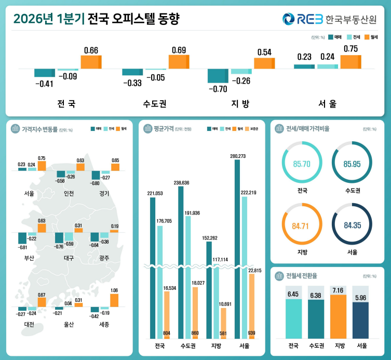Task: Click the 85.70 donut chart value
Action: coord(302,164)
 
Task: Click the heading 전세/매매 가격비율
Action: coord(308,128)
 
